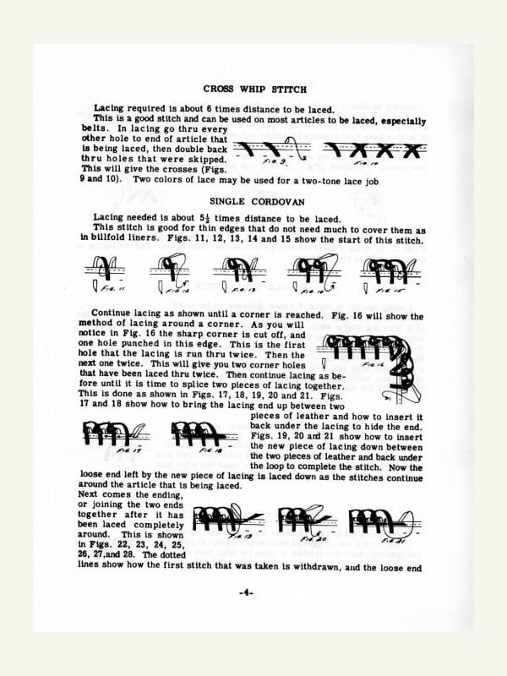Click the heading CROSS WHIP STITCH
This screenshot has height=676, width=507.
[x=253, y=88]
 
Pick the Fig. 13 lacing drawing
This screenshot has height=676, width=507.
[x=237, y=272]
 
